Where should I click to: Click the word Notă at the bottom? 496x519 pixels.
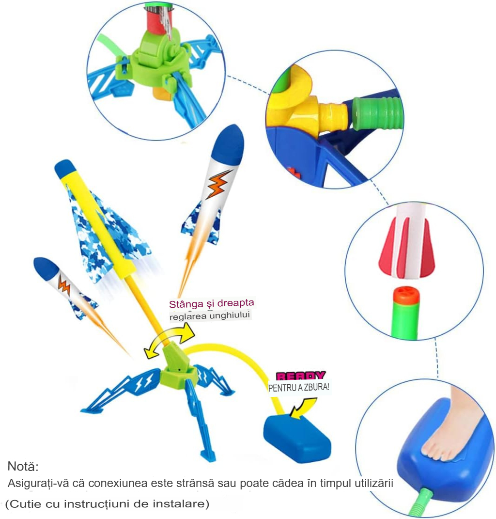(23, 466)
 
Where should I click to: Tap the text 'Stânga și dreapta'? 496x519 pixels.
(212, 303)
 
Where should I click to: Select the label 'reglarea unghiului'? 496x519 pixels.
(209, 316)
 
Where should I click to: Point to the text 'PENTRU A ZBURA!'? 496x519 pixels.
(299, 387)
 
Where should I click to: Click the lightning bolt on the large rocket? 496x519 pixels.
(219, 184)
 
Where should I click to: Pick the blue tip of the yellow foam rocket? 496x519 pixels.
(65, 169)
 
